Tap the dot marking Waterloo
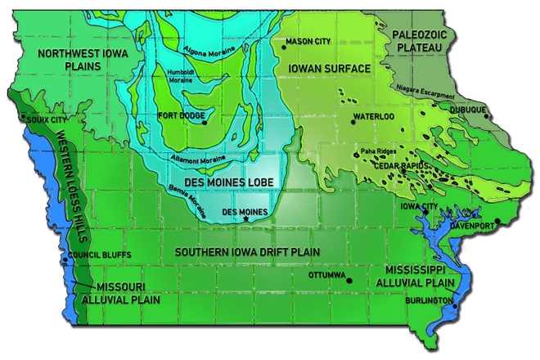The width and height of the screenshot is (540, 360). point(353,123)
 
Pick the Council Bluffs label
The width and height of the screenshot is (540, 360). point(89,254)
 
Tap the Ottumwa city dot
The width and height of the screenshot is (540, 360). point(349,281)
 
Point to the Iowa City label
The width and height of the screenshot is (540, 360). point(420,206)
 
